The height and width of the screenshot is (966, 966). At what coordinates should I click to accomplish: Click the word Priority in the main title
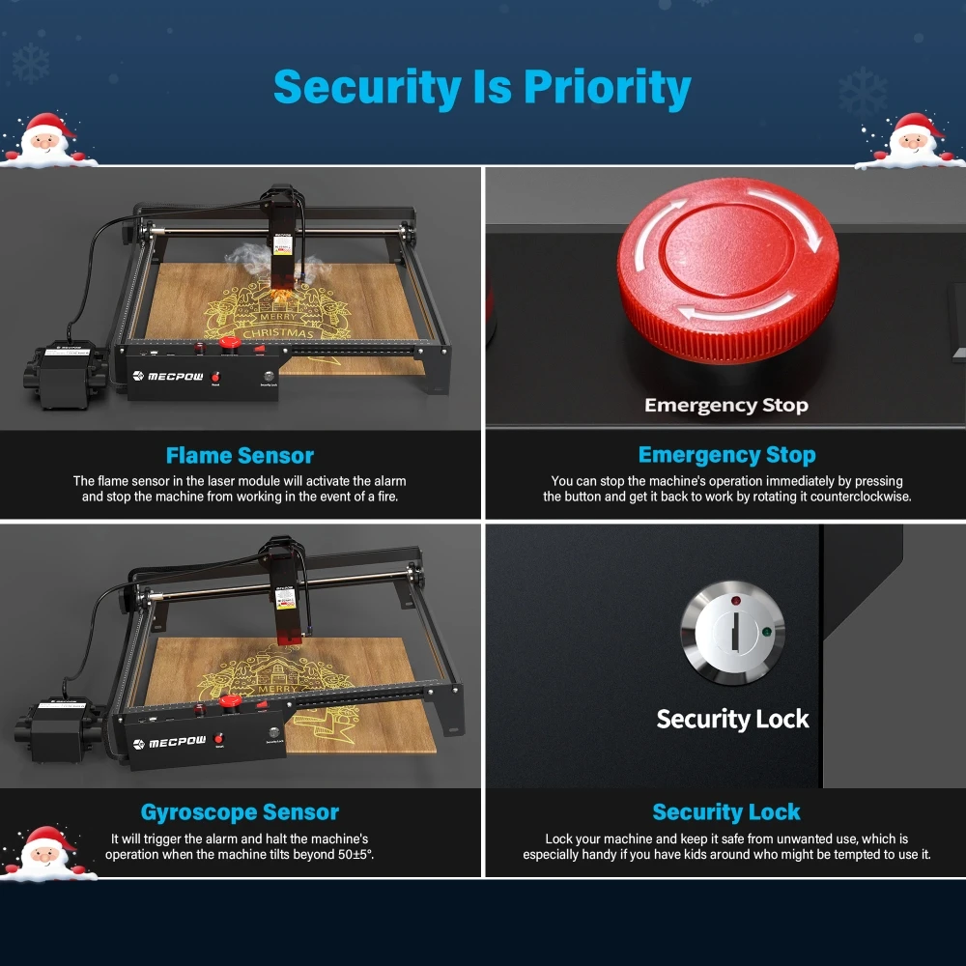pos(608,88)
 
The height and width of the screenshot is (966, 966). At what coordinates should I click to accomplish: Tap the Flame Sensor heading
pos(240,455)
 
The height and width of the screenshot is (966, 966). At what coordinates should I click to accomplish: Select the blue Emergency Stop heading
pos(726,455)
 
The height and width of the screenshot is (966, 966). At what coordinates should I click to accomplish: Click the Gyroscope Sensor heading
pos(240,812)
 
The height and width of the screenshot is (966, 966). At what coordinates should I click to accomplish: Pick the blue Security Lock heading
pos(726,812)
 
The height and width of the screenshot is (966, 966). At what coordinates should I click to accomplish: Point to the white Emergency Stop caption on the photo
pos(726,405)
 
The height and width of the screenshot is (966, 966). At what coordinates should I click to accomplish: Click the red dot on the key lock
pos(736,601)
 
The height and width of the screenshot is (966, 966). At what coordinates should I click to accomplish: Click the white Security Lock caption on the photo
pos(732,719)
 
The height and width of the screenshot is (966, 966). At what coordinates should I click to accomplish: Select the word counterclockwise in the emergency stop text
pos(854,497)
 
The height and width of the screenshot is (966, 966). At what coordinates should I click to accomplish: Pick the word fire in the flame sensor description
pos(384,497)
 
